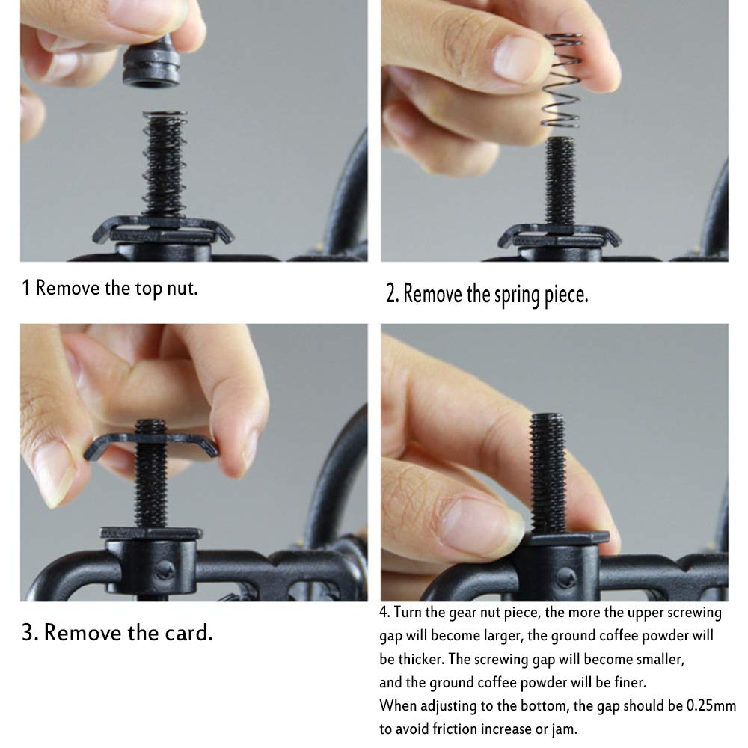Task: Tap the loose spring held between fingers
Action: (x=562, y=80)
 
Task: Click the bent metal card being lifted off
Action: (x=151, y=446)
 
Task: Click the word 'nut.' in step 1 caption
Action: (x=183, y=288)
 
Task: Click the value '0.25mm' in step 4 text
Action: (x=711, y=705)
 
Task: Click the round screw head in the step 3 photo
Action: (x=165, y=569)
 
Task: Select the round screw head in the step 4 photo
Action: (x=565, y=577)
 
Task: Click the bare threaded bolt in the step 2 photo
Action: (x=560, y=181)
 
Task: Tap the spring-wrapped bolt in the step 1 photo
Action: (x=165, y=165)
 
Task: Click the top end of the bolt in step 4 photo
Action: (x=548, y=415)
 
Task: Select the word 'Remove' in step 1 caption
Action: (x=67, y=288)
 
